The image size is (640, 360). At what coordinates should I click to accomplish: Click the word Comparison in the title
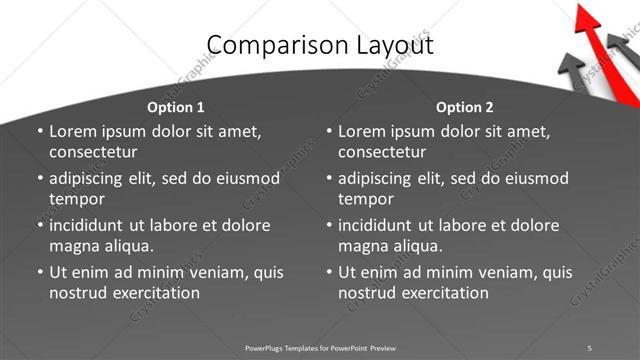(268, 45)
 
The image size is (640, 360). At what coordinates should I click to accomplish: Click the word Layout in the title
(398, 45)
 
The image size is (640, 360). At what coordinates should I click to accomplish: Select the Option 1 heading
(175, 107)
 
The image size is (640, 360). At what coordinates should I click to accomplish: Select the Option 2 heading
(465, 107)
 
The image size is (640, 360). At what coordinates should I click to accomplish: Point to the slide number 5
(590, 347)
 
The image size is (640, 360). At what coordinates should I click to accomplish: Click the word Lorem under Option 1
(74, 131)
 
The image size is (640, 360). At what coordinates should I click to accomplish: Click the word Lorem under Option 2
(363, 131)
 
